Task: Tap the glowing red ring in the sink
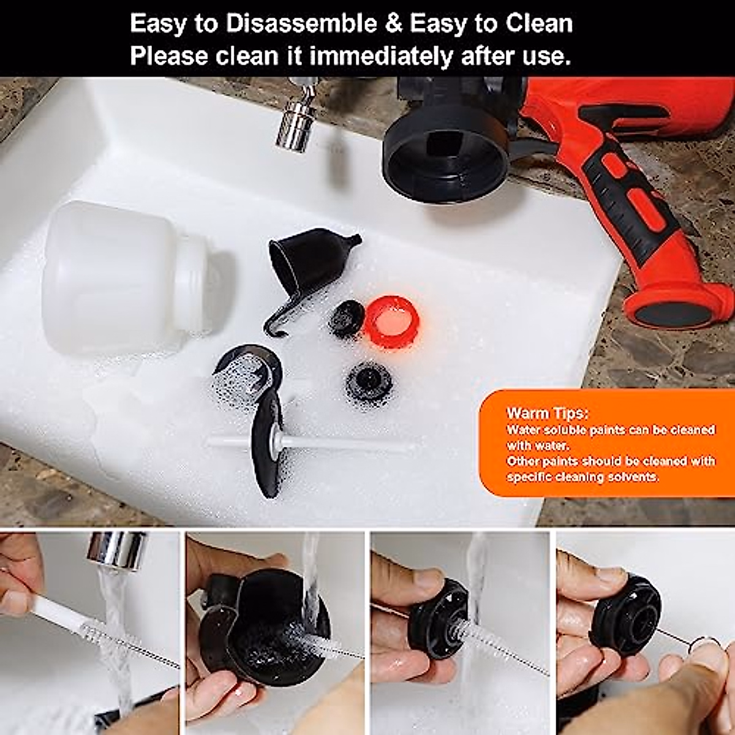point(392,321)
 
